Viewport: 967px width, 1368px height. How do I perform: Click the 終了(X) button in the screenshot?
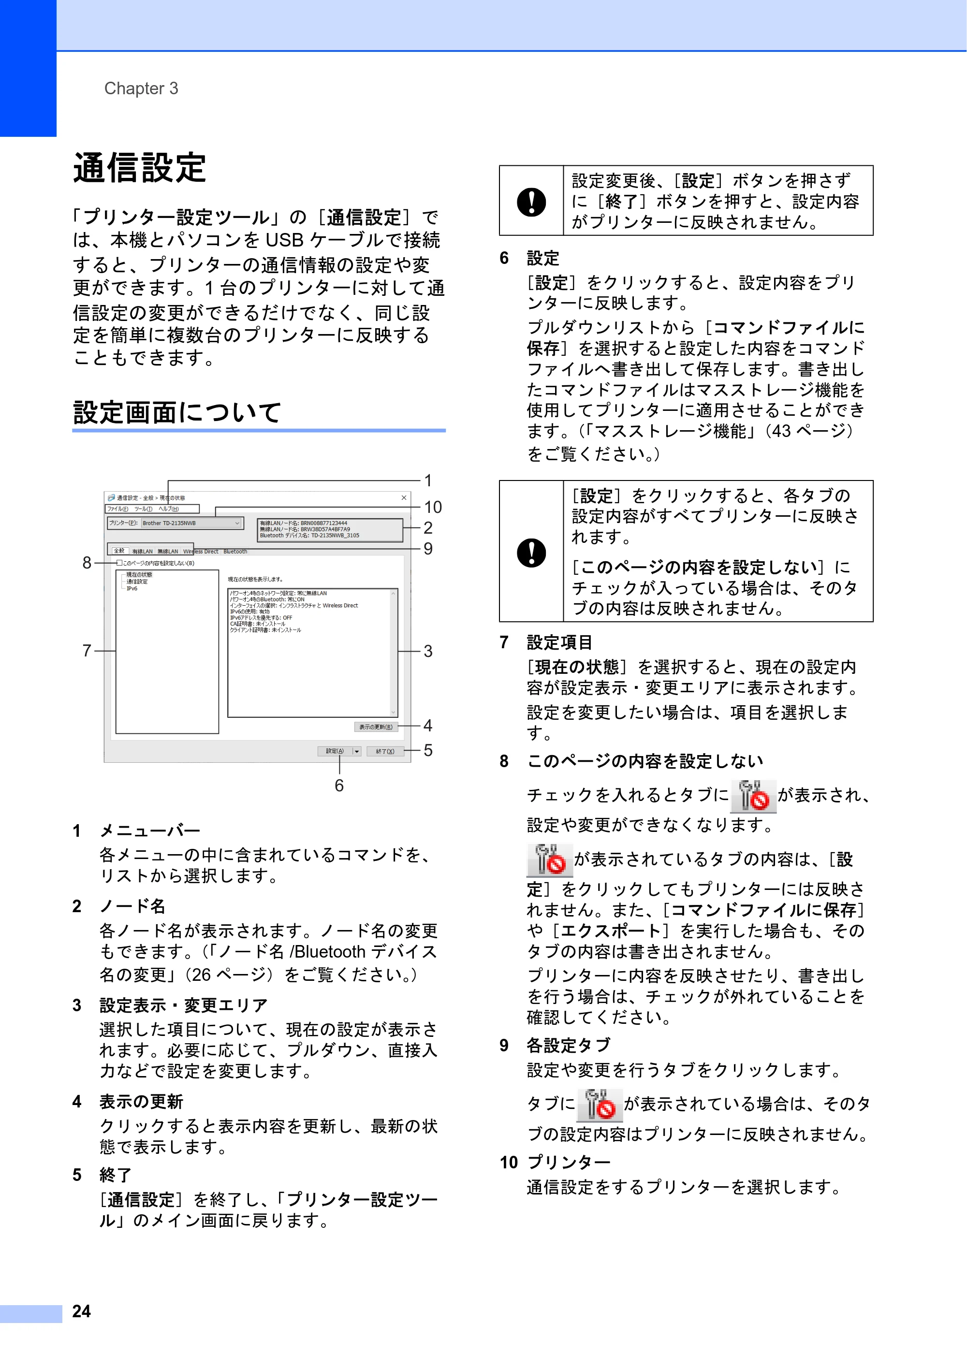(385, 751)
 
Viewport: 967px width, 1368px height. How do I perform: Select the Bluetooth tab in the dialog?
(235, 552)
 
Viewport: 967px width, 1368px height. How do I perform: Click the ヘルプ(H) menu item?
(169, 509)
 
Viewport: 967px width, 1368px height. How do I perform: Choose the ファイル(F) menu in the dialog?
(117, 509)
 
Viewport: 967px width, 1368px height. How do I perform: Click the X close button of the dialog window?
(404, 497)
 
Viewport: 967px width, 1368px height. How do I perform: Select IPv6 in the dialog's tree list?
(132, 589)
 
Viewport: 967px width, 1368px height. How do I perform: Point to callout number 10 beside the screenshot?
(433, 507)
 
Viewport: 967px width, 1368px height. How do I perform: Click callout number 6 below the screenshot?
(339, 786)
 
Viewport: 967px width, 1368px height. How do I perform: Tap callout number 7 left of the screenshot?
(87, 651)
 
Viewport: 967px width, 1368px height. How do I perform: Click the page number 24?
(82, 1311)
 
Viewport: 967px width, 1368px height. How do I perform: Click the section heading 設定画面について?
(177, 412)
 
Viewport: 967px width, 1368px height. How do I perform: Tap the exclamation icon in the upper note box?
(531, 202)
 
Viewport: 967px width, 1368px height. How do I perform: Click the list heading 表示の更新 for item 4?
(141, 1102)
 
